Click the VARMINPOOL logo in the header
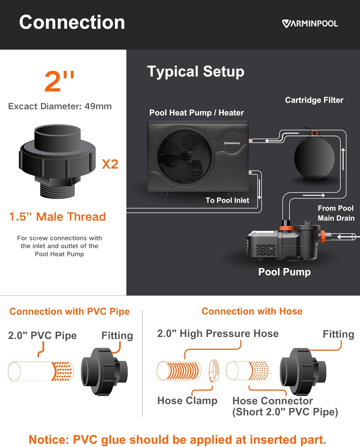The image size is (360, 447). pyautogui.click(x=310, y=24)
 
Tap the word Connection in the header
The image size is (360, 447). pyautogui.click(x=72, y=22)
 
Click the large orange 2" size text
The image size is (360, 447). pyautogui.click(x=59, y=81)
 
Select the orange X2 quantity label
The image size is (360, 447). pyautogui.click(x=110, y=164)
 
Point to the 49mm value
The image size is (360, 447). pyautogui.click(x=98, y=106)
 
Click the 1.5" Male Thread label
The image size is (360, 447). pyautogui.click(x=57, y=217)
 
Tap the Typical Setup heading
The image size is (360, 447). pyautogui.click(x=196, y=72)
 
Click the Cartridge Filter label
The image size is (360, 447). pyautogui.click(x=314, y=100)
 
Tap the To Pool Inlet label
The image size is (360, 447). pyautogui.click(x=227, y=200)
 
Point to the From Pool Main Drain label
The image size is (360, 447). pyautogui.click(x=336, y=213)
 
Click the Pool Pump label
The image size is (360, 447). pyautogui.click(x=284, y=272)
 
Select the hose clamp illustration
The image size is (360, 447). pyautogui.click(x=213, y=371)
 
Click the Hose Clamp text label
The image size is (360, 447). pyautogui.click(x=187, y=401)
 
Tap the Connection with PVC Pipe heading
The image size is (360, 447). pyautogui.click(x=70, y=312)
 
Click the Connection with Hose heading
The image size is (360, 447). pyautogui.click(x=252, y=311)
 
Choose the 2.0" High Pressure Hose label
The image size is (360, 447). pyautogui.click(x=218, y=334)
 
